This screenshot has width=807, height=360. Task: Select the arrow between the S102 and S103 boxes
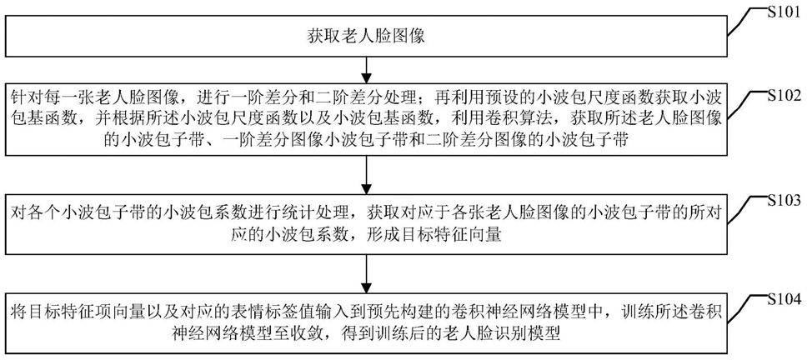point(366,173)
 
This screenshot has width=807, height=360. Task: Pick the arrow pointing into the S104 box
point(366,273)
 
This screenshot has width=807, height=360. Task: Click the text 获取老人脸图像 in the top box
point(366,37)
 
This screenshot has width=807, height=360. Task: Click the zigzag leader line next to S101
point(746,29)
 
